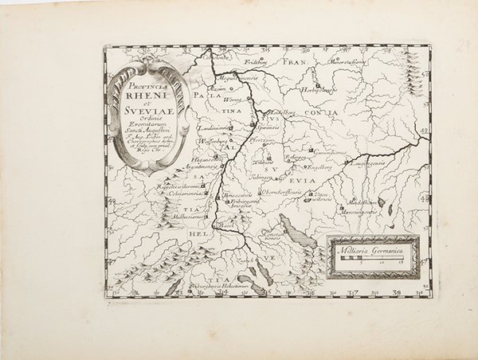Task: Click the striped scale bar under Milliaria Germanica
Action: (367, 260)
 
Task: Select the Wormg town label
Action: (232, 101)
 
